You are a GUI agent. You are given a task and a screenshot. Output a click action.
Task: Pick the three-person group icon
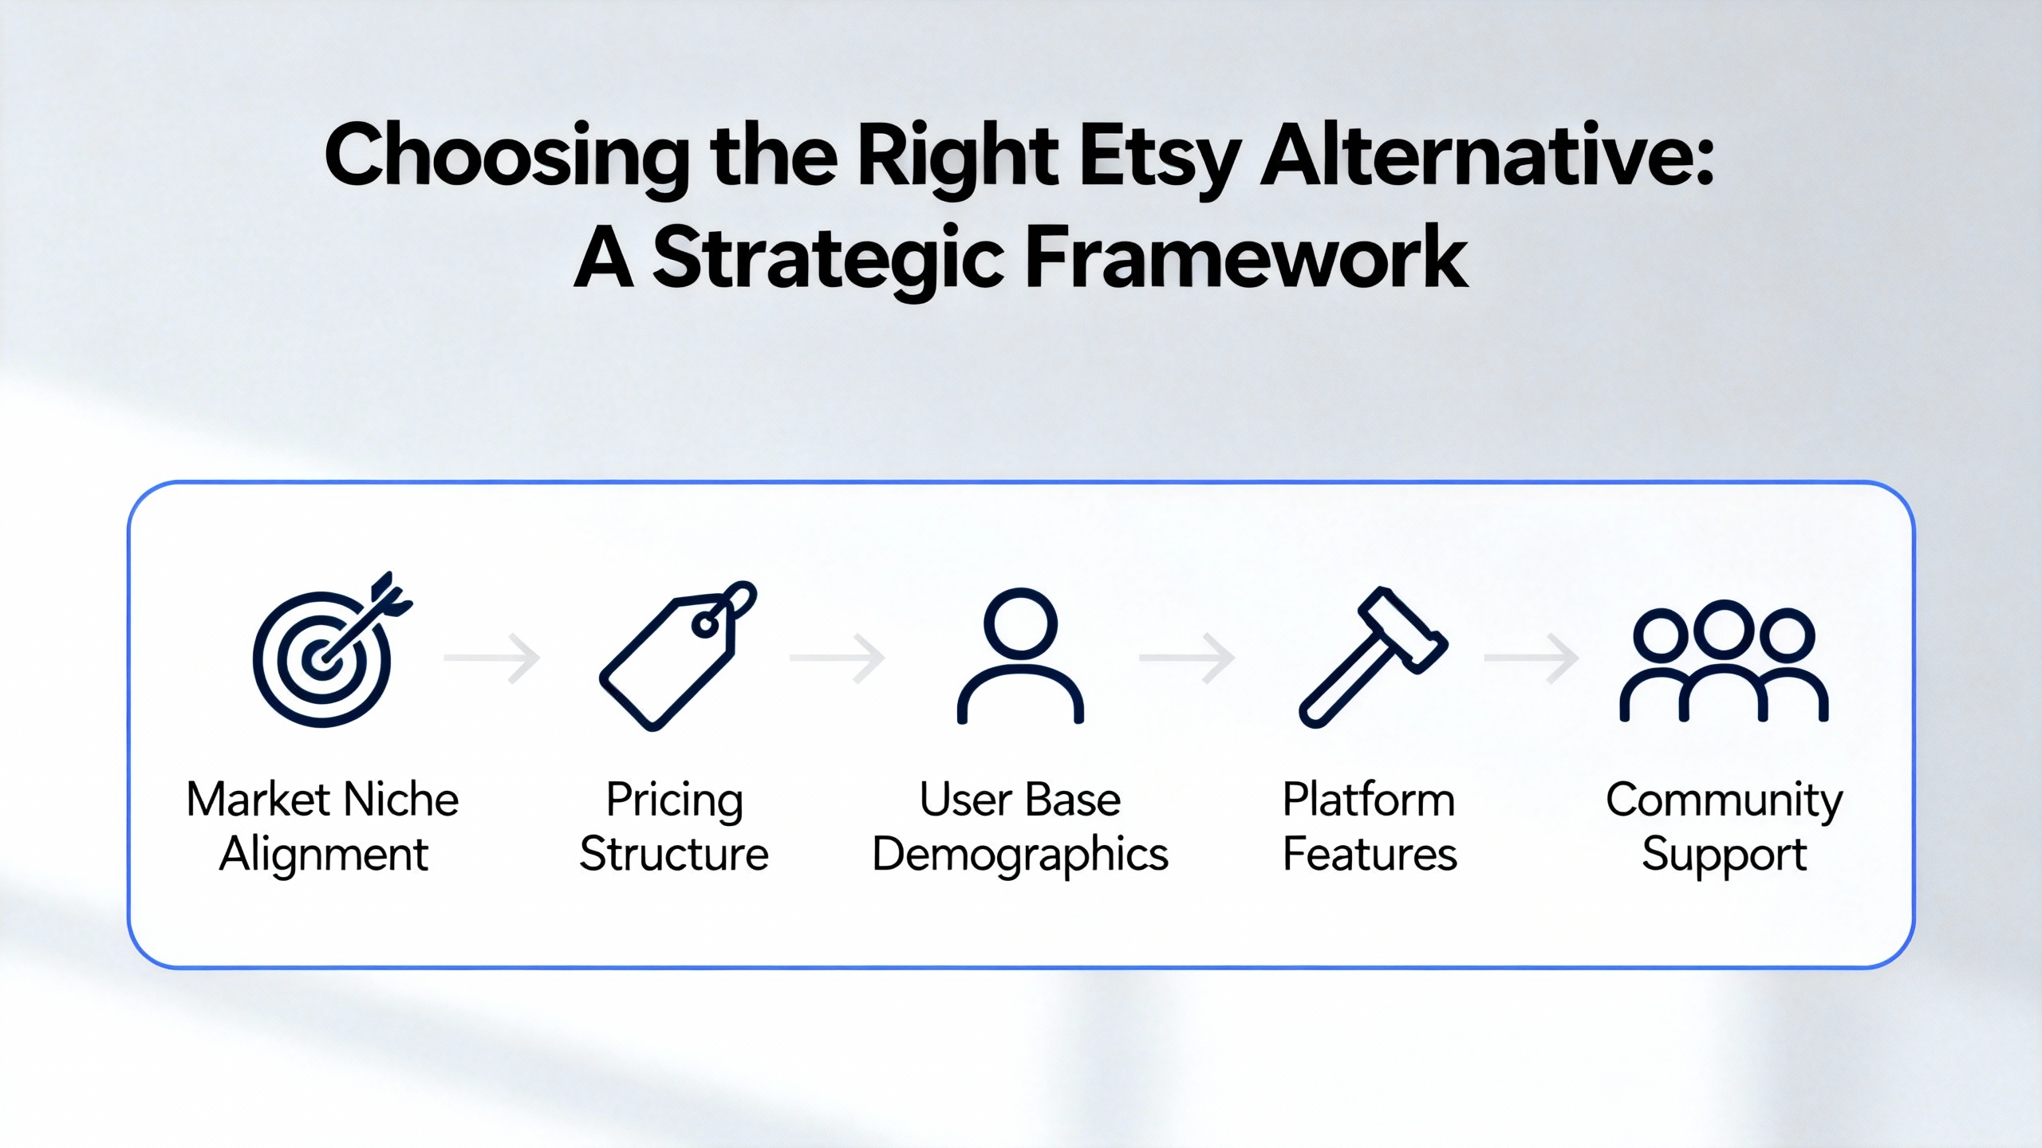pyautogui.click(x=1723, y=662)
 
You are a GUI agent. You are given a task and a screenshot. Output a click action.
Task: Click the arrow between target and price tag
pyautogui.click(x=493, y=659)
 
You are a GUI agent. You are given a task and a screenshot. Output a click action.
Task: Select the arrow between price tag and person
pyautogui.click(x=838, y=659)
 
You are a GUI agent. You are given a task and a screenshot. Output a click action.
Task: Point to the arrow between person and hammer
pyautogui.click(x=1187, y=659)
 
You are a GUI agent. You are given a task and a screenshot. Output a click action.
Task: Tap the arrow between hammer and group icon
pyautogui.click(x=1531, y=659)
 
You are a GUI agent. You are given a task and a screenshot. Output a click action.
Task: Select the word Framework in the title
pyautogui.click(x=1245, y=258)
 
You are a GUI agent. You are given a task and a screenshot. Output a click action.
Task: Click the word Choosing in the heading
pyautogui.click(x=507, y=156)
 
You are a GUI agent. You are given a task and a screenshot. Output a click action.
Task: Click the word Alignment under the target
pyautogui.click(x=323, y=855)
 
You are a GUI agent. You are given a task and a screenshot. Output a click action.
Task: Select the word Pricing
pyautogui.click(x=674, y=800)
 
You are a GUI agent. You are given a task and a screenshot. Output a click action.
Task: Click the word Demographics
pyautogui.click(x=1020, y=855)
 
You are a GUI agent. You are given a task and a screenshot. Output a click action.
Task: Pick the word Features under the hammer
pyautogui.click(x=1370, y=854)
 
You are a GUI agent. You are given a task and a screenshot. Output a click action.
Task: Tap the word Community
pyautogui.click(x=1724, y=800)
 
